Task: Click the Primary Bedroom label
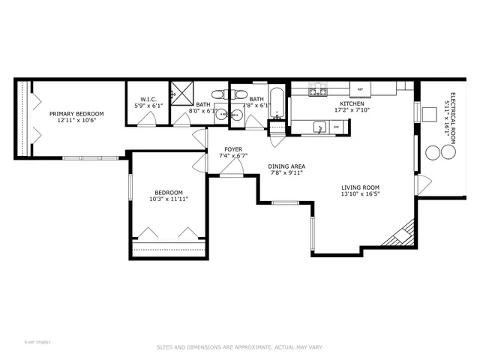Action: (76, 113)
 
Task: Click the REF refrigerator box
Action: (361, 89)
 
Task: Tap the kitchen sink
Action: (319, 127)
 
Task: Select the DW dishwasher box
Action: (336, 127)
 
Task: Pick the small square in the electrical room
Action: (430, 114)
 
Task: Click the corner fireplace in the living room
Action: (400, 233)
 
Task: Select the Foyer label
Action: (232, 148)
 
